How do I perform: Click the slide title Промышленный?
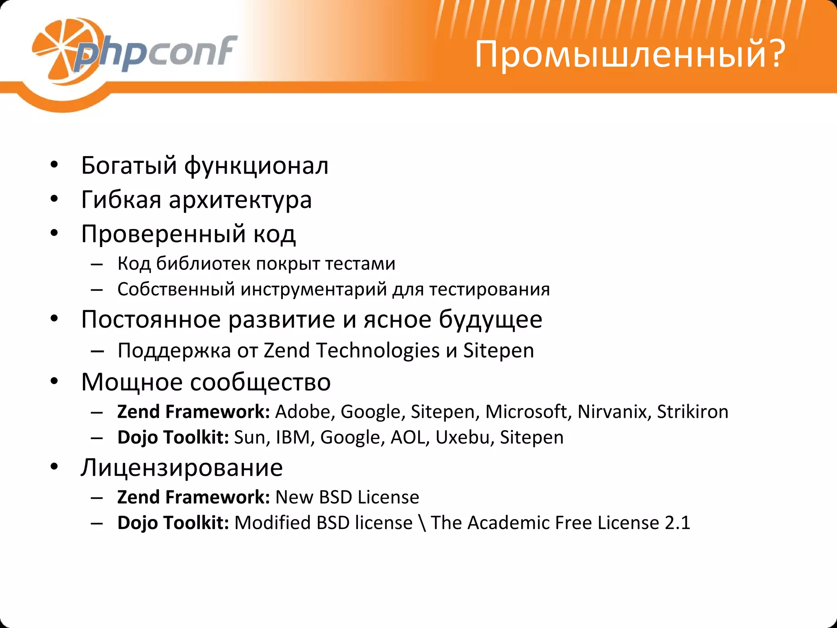coord(629,54)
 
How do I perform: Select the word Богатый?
coord(129,166)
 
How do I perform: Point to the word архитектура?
coord(240,200)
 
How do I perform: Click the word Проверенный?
coord(163,234)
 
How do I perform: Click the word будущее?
coord(490,320)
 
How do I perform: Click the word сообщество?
coord(260,382)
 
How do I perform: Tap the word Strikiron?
coord(692,412)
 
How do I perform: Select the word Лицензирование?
coord(182,468)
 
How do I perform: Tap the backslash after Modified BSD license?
coord(422,523)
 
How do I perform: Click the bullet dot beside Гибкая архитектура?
coord(54,200)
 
